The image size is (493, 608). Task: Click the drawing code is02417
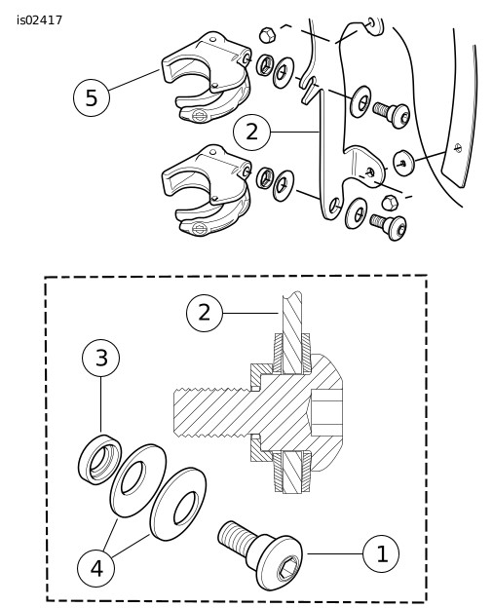[39, 20]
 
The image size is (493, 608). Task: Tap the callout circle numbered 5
[92, 98]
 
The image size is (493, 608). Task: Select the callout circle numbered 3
[101, 358]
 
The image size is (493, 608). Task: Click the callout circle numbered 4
[96, 569]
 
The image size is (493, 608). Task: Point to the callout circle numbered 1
[381, 553]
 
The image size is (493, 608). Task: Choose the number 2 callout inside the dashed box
[205, 313]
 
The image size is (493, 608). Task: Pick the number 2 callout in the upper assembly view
[251, 133]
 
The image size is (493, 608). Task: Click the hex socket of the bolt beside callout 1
[288, 567]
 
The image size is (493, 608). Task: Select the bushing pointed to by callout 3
[99, 459]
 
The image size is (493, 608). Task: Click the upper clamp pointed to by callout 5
[207, 76]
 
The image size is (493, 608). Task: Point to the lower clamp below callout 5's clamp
[207, 190]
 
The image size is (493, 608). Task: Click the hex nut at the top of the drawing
[267, 35]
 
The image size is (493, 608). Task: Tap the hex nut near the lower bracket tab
[391, 203]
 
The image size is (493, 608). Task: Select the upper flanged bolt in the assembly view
[392, 113]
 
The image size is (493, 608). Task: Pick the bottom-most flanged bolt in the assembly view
[389, 226]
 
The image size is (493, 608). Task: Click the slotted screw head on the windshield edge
[458, 148]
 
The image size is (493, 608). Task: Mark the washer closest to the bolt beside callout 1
[178, 504]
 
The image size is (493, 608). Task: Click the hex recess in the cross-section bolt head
[325, 413]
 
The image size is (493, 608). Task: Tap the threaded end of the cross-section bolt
[211, 413]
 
